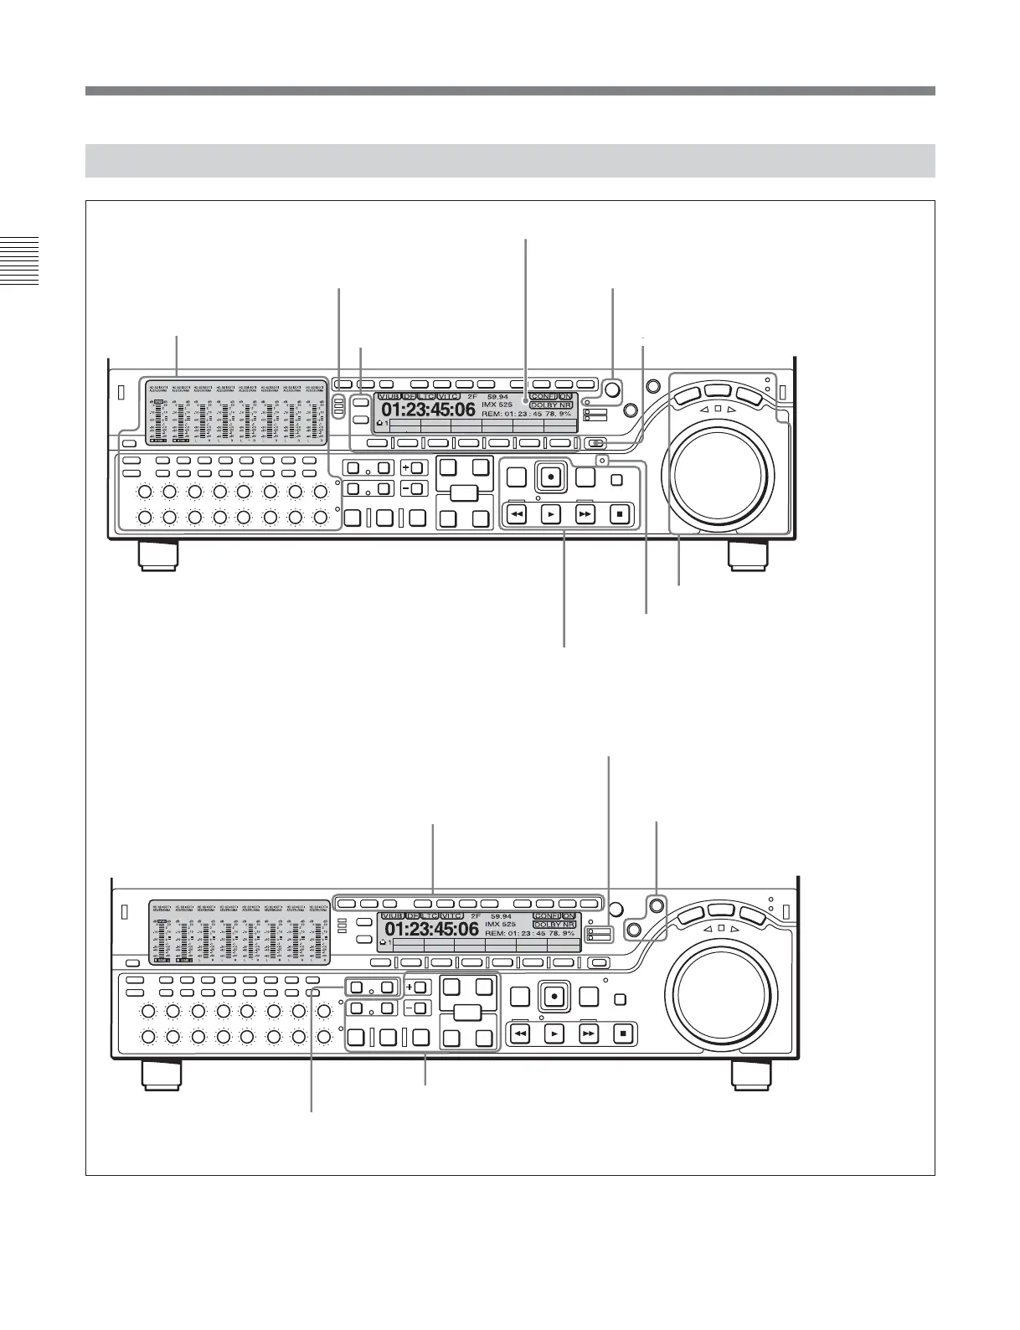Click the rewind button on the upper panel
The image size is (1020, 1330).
(x=517, y=513)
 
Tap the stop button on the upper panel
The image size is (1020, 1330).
(x=619, y=513)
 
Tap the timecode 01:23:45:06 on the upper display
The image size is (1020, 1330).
(x=429, y=410)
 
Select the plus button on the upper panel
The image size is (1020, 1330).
(x=414, y=467)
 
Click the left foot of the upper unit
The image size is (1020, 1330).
(x=157, y=555)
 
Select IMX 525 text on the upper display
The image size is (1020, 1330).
(x=497, y=405)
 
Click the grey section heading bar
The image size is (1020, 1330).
(x=509, y=160)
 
